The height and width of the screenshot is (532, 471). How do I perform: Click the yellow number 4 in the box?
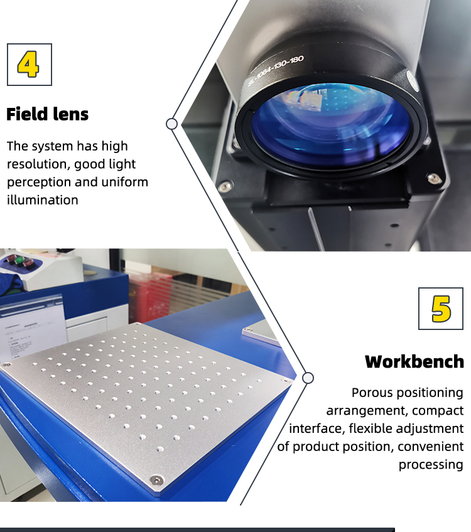coord(29,64)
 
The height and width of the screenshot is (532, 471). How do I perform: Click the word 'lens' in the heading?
coord(70,114)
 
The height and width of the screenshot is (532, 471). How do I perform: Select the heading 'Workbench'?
coord(414,361)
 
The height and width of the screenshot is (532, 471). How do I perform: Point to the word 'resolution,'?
coord(37,164)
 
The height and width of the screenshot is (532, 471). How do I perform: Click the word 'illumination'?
coord(43,200)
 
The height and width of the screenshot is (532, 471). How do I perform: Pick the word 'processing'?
coord(431,464)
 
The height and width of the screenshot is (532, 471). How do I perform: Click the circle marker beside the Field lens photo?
coord(171,124)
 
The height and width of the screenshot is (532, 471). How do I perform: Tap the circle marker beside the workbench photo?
coord(308,378)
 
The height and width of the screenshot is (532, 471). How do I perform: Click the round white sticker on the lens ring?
coord(411,78)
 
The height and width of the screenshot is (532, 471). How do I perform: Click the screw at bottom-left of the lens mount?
coord(224,186)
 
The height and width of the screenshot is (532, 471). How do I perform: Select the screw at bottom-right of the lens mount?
coord(433,178)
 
